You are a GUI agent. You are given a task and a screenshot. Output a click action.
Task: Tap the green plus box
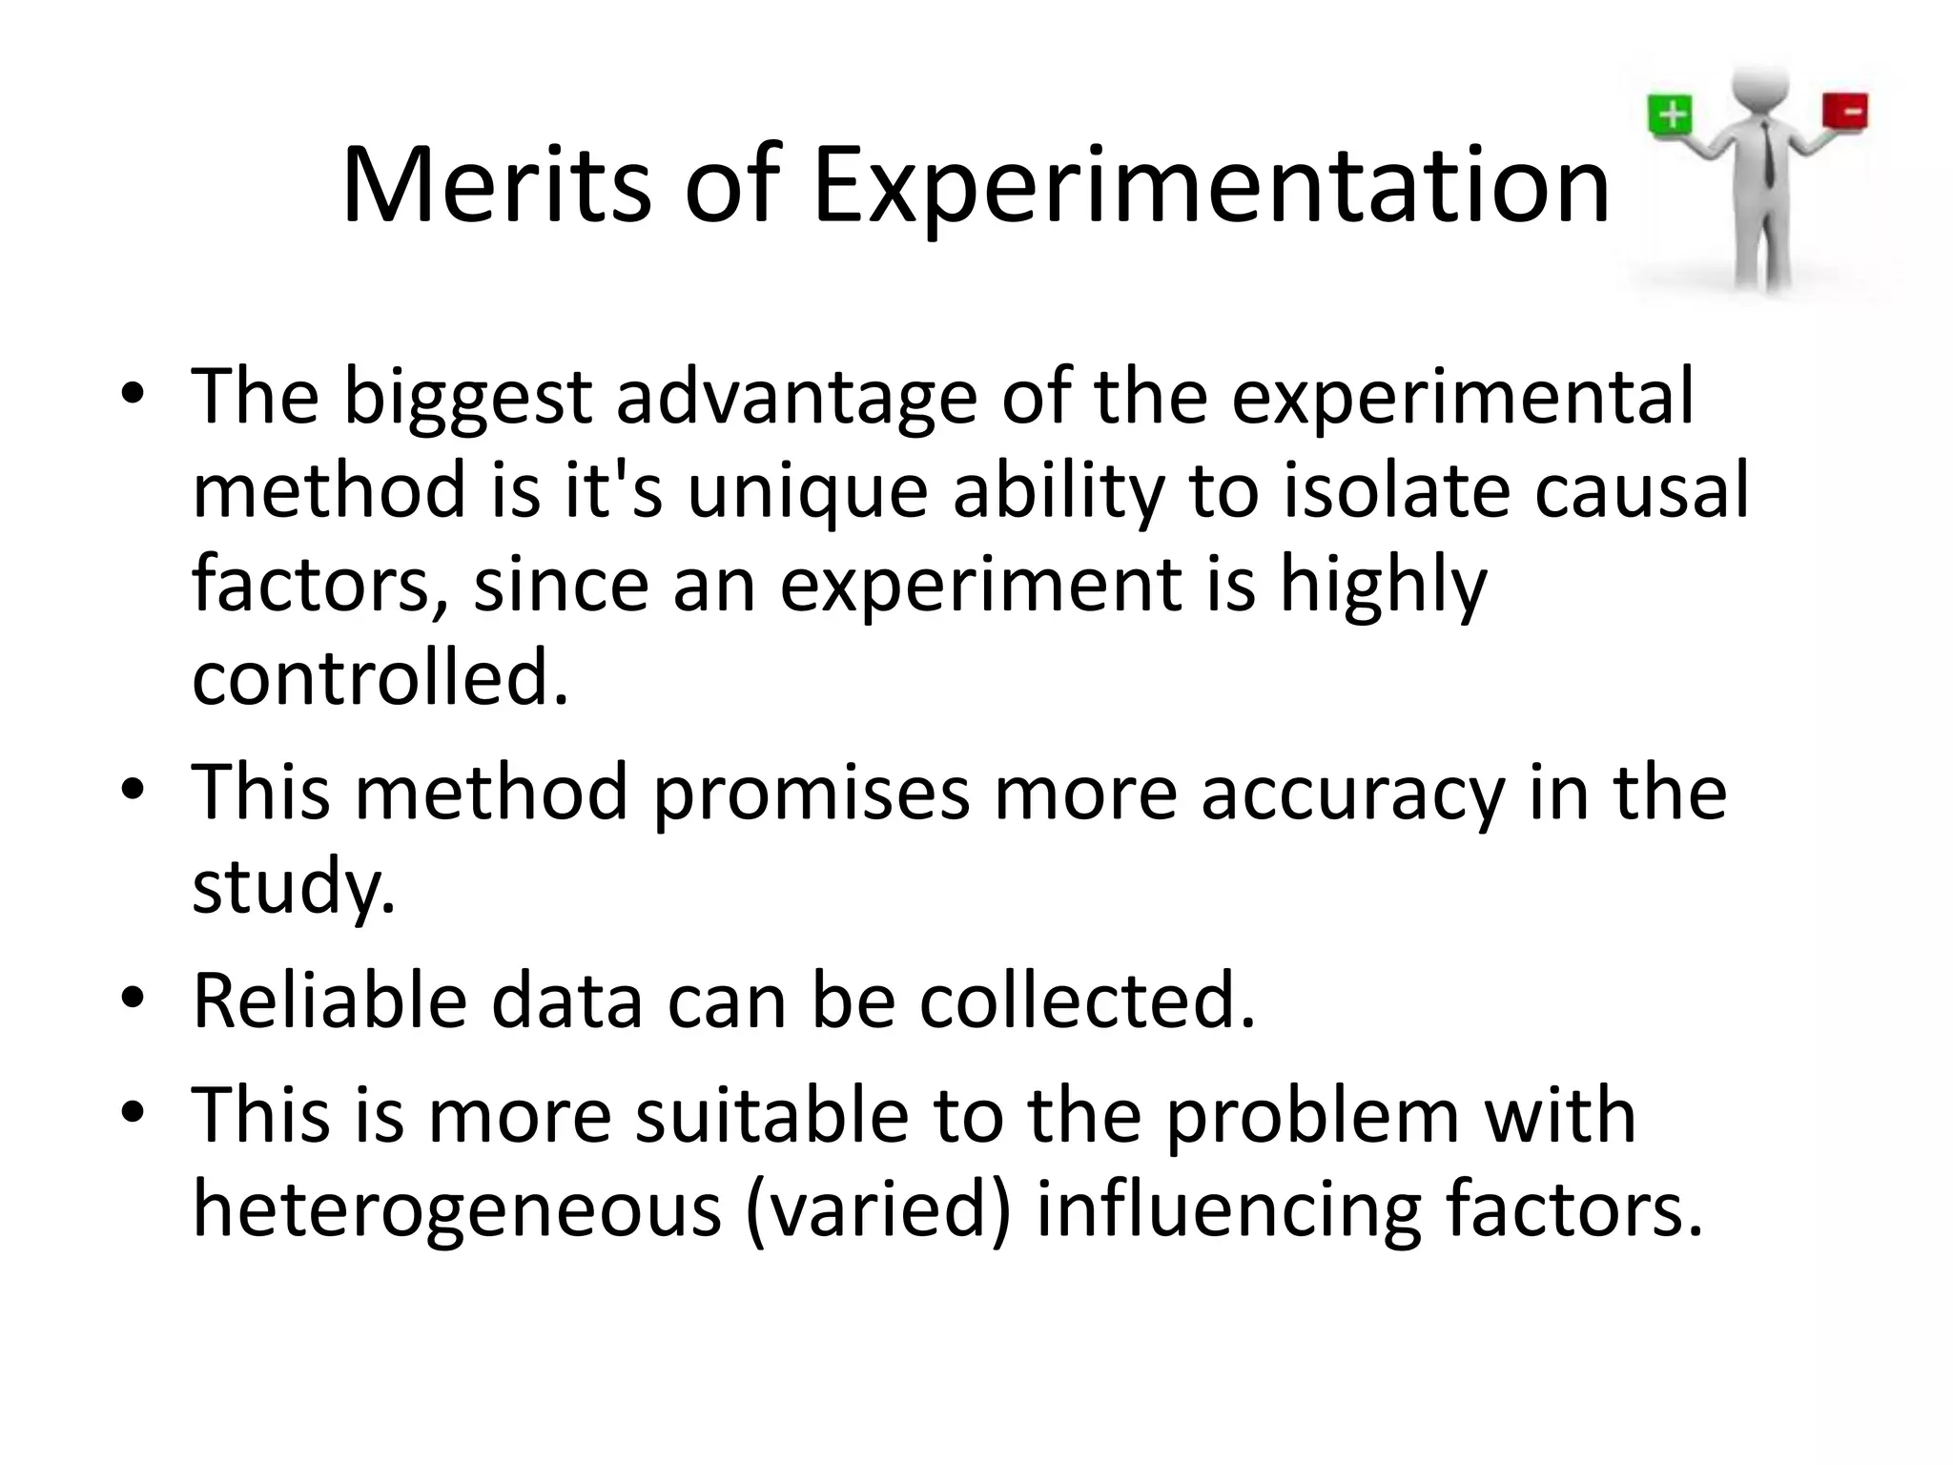[1671, 115]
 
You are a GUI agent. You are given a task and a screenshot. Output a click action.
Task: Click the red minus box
[1845, 111]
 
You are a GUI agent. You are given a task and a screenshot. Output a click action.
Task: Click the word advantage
[796, 397]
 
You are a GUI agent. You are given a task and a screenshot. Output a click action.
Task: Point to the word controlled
[380, 677]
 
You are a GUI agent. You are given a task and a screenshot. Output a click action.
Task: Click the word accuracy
[1352, 794]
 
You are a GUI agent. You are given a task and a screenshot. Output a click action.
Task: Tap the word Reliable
[330, 1001]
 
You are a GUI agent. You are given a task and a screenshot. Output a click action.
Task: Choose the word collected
[1087, 1001]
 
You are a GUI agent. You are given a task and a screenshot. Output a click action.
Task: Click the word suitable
[771, 1116]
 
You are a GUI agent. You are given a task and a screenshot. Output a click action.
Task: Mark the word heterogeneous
[457, 1209]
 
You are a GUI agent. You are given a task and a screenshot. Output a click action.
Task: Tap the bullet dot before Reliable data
[133, 1000]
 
